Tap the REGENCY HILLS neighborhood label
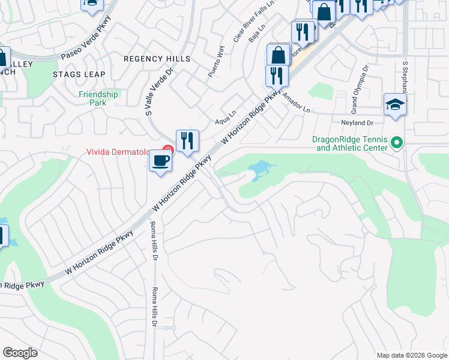157,59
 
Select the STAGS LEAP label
79,74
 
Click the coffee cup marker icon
160,160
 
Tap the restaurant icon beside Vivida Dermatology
187,140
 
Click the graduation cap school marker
396,104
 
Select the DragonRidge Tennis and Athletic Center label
350,143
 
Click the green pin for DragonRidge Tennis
396,143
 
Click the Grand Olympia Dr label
359,94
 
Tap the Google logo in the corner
20,353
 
